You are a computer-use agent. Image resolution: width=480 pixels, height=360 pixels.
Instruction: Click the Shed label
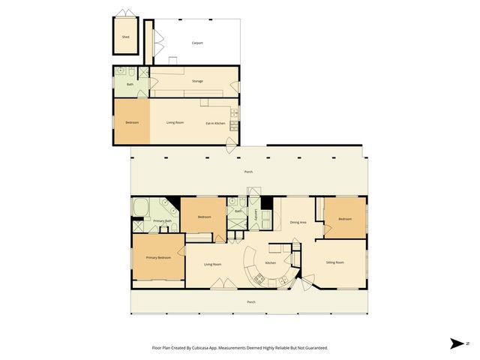125,36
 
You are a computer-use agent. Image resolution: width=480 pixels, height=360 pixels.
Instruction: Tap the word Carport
197,43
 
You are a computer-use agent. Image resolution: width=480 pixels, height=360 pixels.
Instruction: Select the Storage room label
197,81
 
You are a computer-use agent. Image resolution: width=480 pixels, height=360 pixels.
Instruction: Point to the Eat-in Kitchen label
216,122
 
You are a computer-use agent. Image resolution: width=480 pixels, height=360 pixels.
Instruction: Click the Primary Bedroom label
159,257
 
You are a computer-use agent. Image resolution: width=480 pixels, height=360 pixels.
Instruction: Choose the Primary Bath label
163,220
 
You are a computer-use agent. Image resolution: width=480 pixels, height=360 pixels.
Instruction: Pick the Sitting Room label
335,262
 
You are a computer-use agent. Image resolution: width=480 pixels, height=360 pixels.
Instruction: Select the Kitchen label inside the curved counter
271,262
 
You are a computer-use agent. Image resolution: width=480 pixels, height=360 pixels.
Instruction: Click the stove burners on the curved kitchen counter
259,279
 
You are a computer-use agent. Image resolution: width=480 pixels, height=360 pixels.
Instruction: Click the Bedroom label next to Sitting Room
344,218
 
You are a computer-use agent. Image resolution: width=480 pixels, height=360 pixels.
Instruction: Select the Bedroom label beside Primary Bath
203,217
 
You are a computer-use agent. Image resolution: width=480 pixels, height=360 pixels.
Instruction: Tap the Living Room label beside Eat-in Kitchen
175,122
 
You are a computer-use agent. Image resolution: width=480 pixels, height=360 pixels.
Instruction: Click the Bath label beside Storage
130,84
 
